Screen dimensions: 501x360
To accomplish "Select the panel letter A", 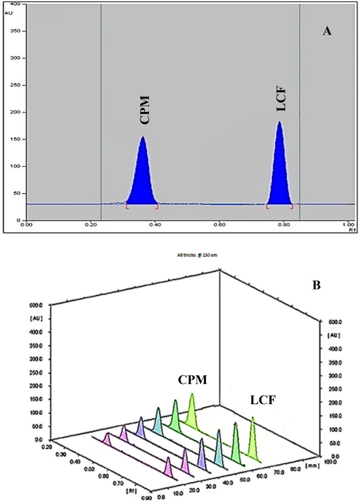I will [x=327, y=32].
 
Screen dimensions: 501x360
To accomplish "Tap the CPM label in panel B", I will [x=192, y=379].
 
